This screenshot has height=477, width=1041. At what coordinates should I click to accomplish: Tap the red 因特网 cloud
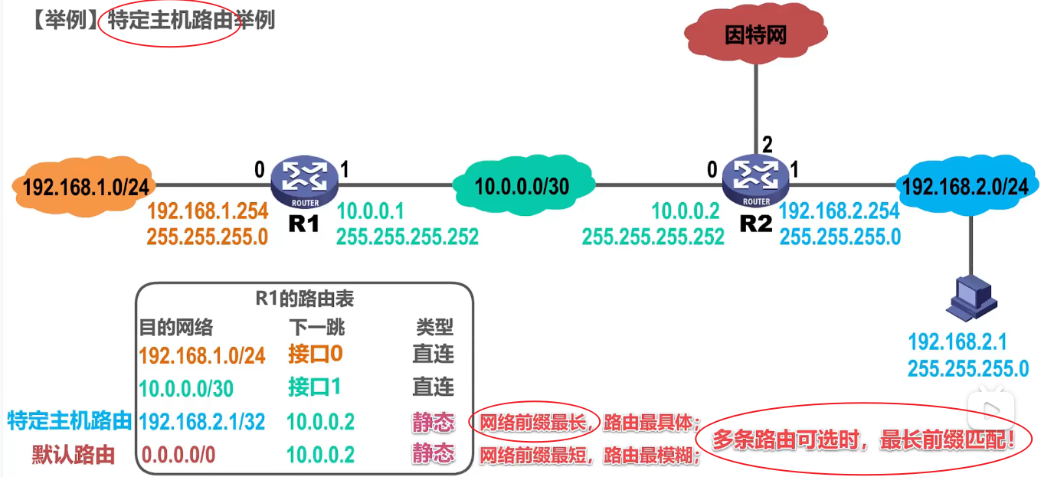tap(756, 35)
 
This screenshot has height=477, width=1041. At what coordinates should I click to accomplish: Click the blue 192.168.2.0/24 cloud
tap(964, 186)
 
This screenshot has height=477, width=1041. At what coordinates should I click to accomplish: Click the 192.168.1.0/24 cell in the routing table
tap(202, 355)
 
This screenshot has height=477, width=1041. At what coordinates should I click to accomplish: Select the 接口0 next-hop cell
tap(315, 354)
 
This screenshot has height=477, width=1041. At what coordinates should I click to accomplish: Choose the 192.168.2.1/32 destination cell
tap(202, 421)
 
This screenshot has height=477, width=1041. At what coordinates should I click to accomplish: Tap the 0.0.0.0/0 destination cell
tap(178, 455)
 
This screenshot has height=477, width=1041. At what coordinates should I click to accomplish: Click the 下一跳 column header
tap(317, 328)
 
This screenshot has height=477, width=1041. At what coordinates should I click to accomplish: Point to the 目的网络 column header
tap(175, 328)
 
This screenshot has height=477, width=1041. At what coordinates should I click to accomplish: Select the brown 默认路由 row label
tap(74, 455)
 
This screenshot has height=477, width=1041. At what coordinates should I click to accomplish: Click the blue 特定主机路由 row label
tap(69, 421)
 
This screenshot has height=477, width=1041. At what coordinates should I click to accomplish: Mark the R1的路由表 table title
tap(305, 299)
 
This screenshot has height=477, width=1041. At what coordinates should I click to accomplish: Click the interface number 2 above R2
tap(765, 144)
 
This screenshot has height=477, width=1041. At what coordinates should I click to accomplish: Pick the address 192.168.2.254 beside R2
tap(840, 212)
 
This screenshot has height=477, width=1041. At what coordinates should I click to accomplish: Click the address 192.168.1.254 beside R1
tap(207, 212)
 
